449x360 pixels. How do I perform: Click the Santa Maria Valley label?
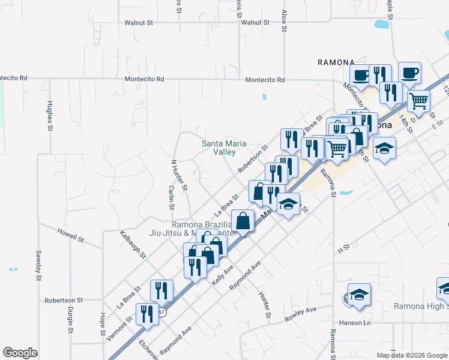pyautogui.click(x=218, y=148)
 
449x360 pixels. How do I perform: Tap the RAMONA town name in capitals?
pyautogui.click(x=336, y=62)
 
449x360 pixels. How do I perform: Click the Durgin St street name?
pyautogui.click(x=70, y=320)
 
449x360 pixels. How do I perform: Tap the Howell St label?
pyautogui.click(x=70, y=235)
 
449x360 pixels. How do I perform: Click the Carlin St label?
pyautogui.click(x=171, y=197)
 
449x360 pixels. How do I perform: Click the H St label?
pyautogui.click(x=343, y=247)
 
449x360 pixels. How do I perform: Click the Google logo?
pyautogui.click(x=20, y=353)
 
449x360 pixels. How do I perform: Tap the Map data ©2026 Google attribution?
pyautogui.click(x=411, y=355)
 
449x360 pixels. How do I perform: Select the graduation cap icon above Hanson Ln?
pyautogui.click(x=359, y=295)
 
